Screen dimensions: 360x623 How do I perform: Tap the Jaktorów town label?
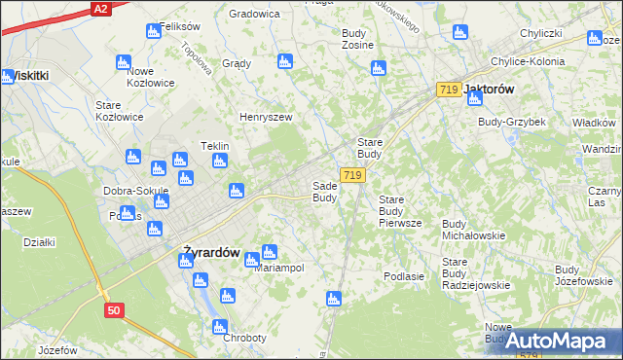(492, 89)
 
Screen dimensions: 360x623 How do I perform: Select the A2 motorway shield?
(100, 8)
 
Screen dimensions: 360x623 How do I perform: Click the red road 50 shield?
(114, 309)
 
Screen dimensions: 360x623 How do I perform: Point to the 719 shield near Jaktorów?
(448, 90)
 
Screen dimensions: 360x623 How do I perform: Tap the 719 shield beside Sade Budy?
(353, 175)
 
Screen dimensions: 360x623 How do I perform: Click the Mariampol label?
(279, 268)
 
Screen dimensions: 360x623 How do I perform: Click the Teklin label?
(214, 146)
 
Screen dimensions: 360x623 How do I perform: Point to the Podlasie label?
(404, 276)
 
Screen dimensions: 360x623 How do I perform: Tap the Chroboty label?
(244, 338)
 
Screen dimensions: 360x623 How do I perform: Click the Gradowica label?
(254, 14)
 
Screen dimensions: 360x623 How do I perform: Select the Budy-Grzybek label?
(512, 122)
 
